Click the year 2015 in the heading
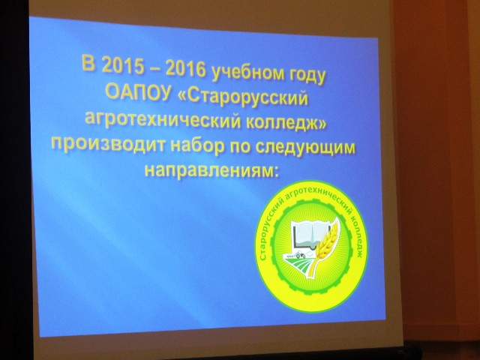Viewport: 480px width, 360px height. click(x=123, y=65)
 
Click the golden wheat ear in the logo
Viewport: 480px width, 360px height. click(x=325, y=247)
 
